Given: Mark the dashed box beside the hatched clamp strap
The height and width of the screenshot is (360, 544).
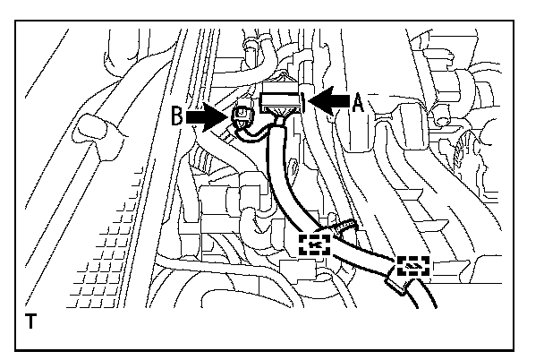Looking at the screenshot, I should (x=314, y=242).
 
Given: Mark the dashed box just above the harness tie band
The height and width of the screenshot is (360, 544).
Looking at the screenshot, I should (x=413, y=265).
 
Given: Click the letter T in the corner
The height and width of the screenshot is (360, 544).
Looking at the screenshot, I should (x=32, y=320).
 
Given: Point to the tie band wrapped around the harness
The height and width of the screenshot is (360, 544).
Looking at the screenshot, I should (x=395, y=285).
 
